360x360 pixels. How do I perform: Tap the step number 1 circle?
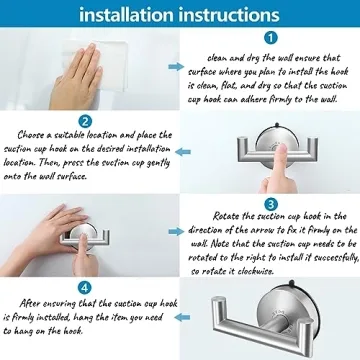270,38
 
